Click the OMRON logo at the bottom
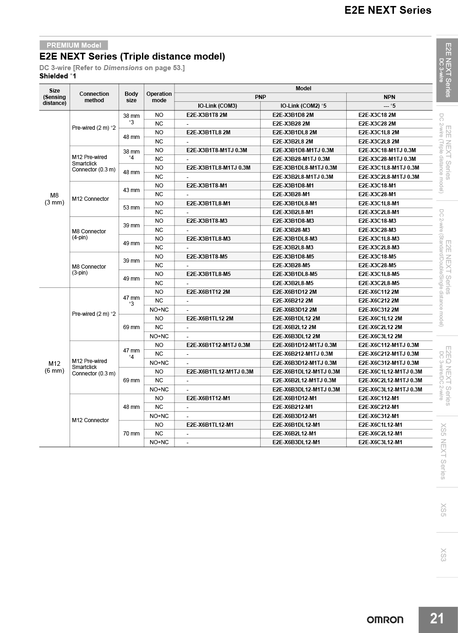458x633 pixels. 385,620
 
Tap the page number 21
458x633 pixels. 437,619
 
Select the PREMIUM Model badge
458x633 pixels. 74,45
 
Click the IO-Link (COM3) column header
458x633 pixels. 217,106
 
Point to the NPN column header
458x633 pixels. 389,97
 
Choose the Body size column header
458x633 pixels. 131,97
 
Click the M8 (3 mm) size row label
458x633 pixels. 55,199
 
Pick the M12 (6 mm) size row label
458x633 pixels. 55,367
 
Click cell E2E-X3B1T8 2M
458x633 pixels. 207,115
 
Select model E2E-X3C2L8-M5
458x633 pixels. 379,283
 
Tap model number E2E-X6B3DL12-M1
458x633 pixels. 296,442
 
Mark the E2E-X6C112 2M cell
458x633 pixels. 378,292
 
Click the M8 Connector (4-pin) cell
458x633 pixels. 89,234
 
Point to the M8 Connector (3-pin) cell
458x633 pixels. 89,270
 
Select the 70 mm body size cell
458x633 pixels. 131,434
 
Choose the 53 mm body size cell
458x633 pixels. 131,208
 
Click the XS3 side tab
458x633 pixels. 443,555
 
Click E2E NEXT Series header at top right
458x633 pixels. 387,10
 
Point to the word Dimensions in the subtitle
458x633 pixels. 123,68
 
